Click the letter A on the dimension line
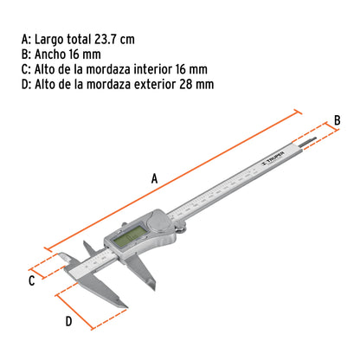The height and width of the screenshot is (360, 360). pos(154,178)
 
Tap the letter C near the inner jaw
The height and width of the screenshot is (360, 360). pos(31,280)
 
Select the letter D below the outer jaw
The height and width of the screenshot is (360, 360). pos(67,320)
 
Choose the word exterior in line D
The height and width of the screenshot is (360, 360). pos(148,84)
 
